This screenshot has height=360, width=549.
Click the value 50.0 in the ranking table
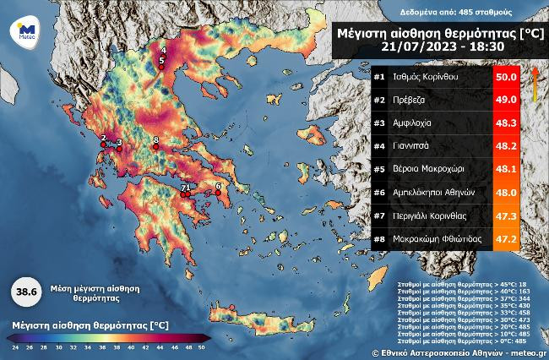point(505,78)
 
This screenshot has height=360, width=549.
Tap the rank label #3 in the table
point(380,123)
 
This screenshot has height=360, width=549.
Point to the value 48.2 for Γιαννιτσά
point(505,146)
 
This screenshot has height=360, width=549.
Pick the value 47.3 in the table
point(505,215)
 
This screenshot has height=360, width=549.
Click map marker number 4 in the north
point(163,52)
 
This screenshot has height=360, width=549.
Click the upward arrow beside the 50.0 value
point(534,83)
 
